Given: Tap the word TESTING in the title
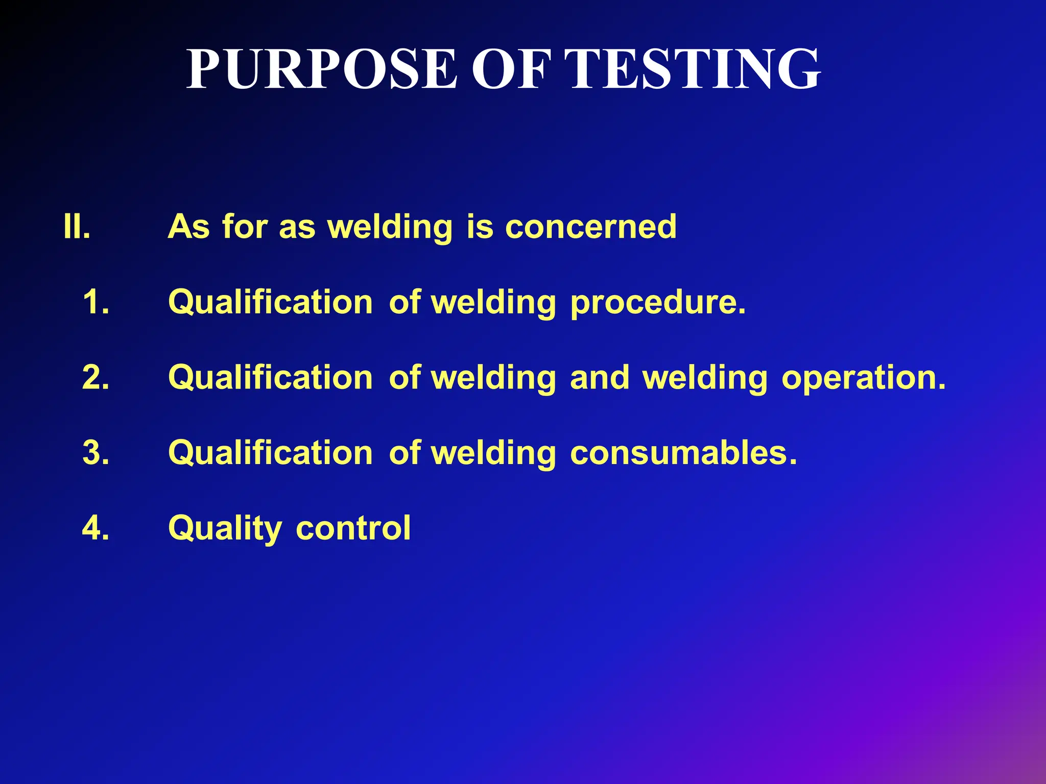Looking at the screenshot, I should (x=694, y=69).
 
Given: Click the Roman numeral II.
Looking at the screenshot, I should (x=77, y=227).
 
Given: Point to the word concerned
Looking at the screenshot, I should (x=591, y=227).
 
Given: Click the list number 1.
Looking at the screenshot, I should (x=96, y=302).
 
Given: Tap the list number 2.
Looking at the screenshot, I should (x=96, y=377).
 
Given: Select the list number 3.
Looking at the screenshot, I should (x=96, y=453).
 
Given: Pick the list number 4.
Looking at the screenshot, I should (x=96, y=528).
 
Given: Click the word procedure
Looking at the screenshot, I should (x=658, y=303).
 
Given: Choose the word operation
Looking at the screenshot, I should (x=864, y=378).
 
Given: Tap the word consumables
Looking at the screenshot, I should (x=683, y=453).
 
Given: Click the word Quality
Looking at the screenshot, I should (x=225, y=529).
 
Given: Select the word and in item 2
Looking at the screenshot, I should (x=600, y=377).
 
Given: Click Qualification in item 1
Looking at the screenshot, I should (x=271, y=302).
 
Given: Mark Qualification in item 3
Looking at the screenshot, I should (x=271, y=453).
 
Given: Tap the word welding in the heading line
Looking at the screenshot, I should (x=390, y=228).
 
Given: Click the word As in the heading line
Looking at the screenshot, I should (x=188, y=227).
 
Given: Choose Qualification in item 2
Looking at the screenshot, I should (x=271, y=377).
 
